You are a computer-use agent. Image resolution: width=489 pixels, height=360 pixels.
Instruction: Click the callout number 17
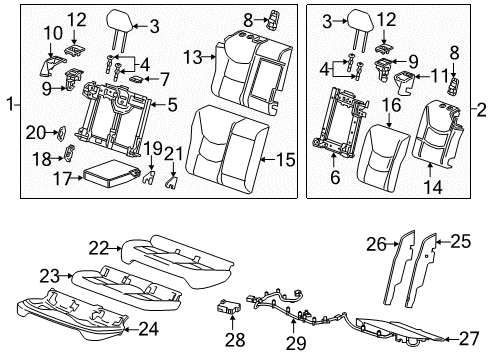pyautogui.click(x=60, y=180)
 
